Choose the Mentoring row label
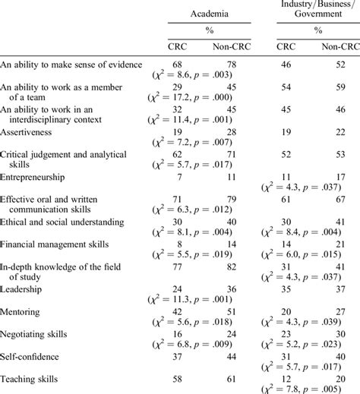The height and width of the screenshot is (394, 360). pos(23,311)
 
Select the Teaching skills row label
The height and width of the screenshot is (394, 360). pos(31,377)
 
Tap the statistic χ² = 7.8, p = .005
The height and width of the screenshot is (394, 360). pos(311,388)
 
